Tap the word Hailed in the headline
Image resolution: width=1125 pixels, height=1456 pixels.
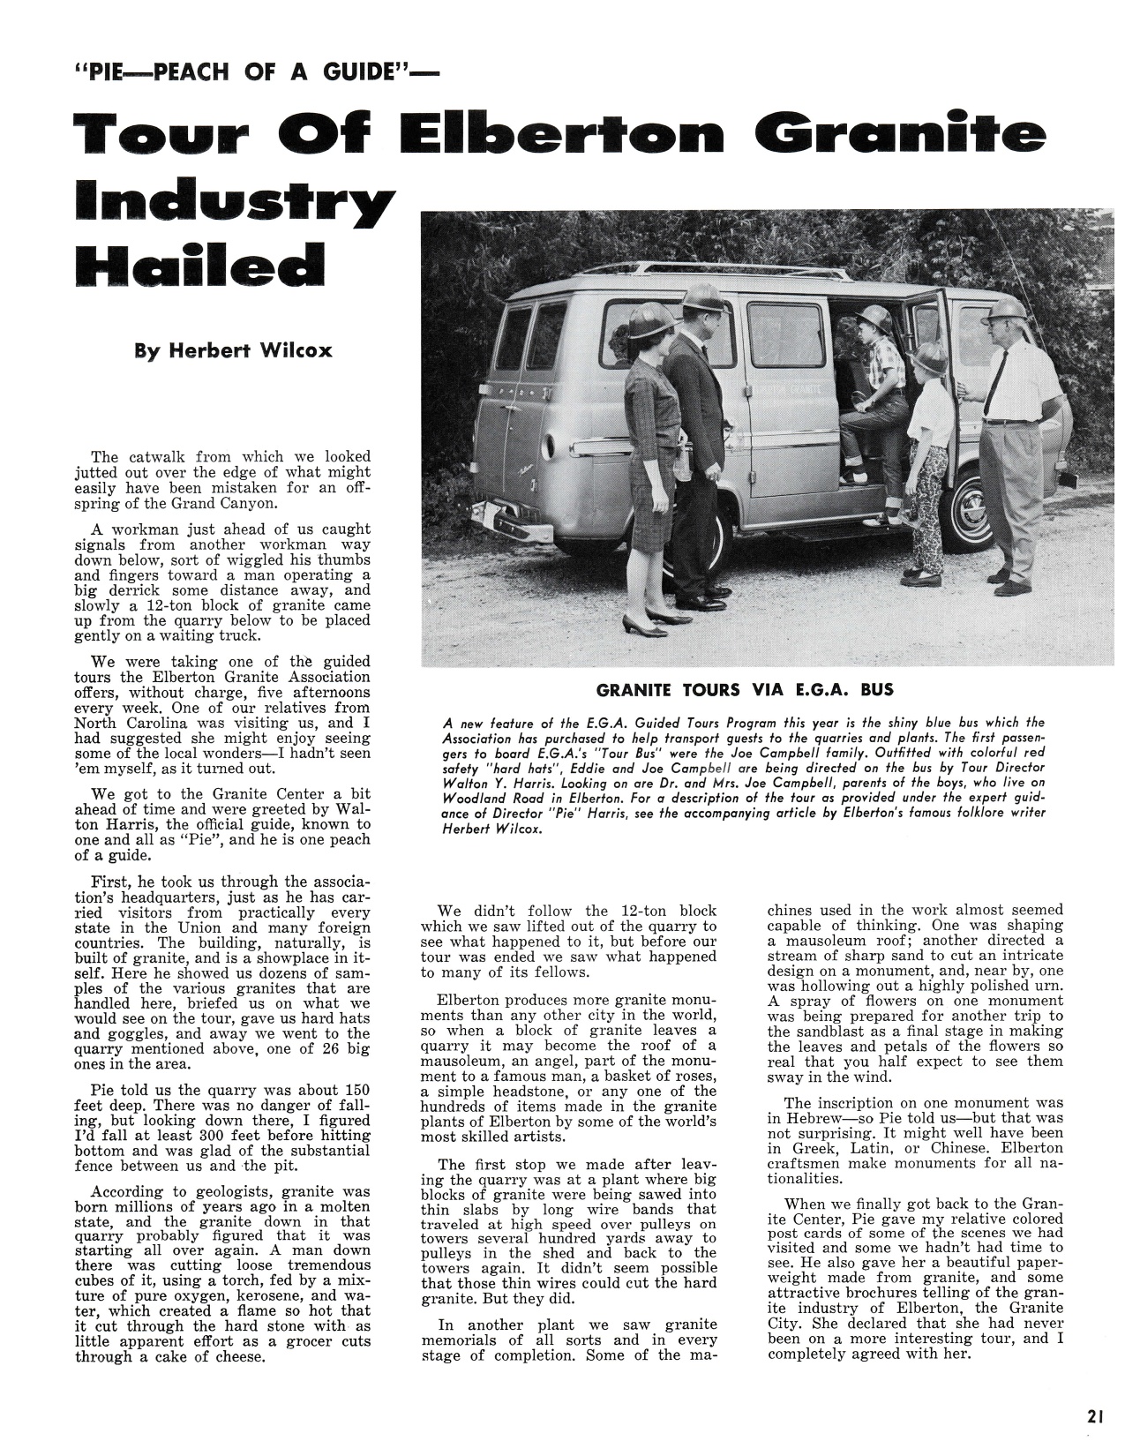click(200, 261)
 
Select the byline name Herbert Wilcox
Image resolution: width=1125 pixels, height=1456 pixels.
click(233, 351)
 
